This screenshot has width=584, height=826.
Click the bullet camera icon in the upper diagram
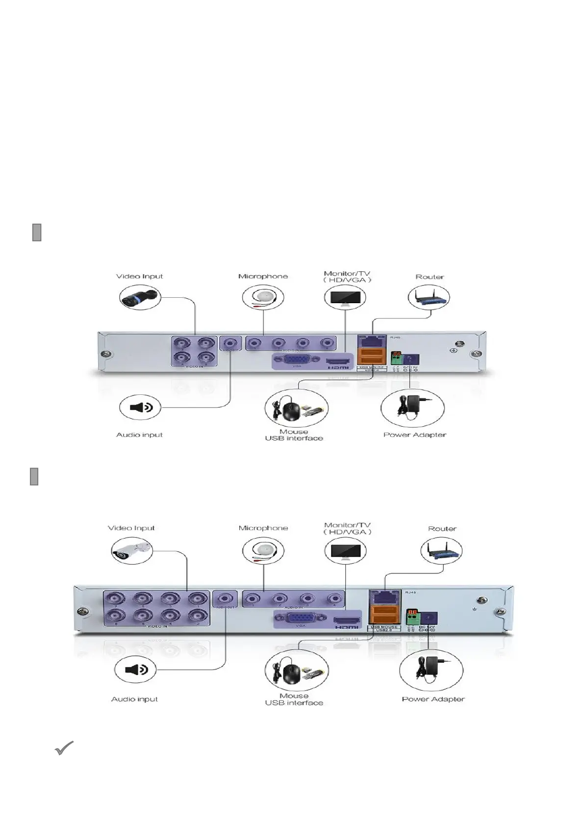click(140, 298)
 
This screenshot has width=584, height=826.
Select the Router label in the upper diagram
click(430, 277)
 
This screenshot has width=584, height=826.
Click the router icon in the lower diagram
click(441, 550)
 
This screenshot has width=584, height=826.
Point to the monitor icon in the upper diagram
click(345, 298)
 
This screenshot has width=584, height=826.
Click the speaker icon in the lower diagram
click(136, 670)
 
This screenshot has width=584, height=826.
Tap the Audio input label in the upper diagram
click(139, 435)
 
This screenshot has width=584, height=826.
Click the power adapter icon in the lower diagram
click(431, 670)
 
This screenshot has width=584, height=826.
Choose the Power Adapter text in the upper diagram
click(414, 435)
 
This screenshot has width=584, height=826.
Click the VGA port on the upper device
click(297, 361)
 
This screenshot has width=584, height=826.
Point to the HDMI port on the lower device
click(346, 621)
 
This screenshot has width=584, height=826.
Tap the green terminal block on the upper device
click(396, 358)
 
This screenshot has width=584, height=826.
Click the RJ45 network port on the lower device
click(384, 597)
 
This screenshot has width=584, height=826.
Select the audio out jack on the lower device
click(225, 599)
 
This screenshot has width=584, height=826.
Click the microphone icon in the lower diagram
click(263, 550)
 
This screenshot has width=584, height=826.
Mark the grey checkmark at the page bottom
click(64, 748)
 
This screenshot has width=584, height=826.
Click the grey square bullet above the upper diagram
click(37, 232)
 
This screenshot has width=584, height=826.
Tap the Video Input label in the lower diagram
click(131, 528)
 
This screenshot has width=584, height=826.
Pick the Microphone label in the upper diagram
click(263, 276)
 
